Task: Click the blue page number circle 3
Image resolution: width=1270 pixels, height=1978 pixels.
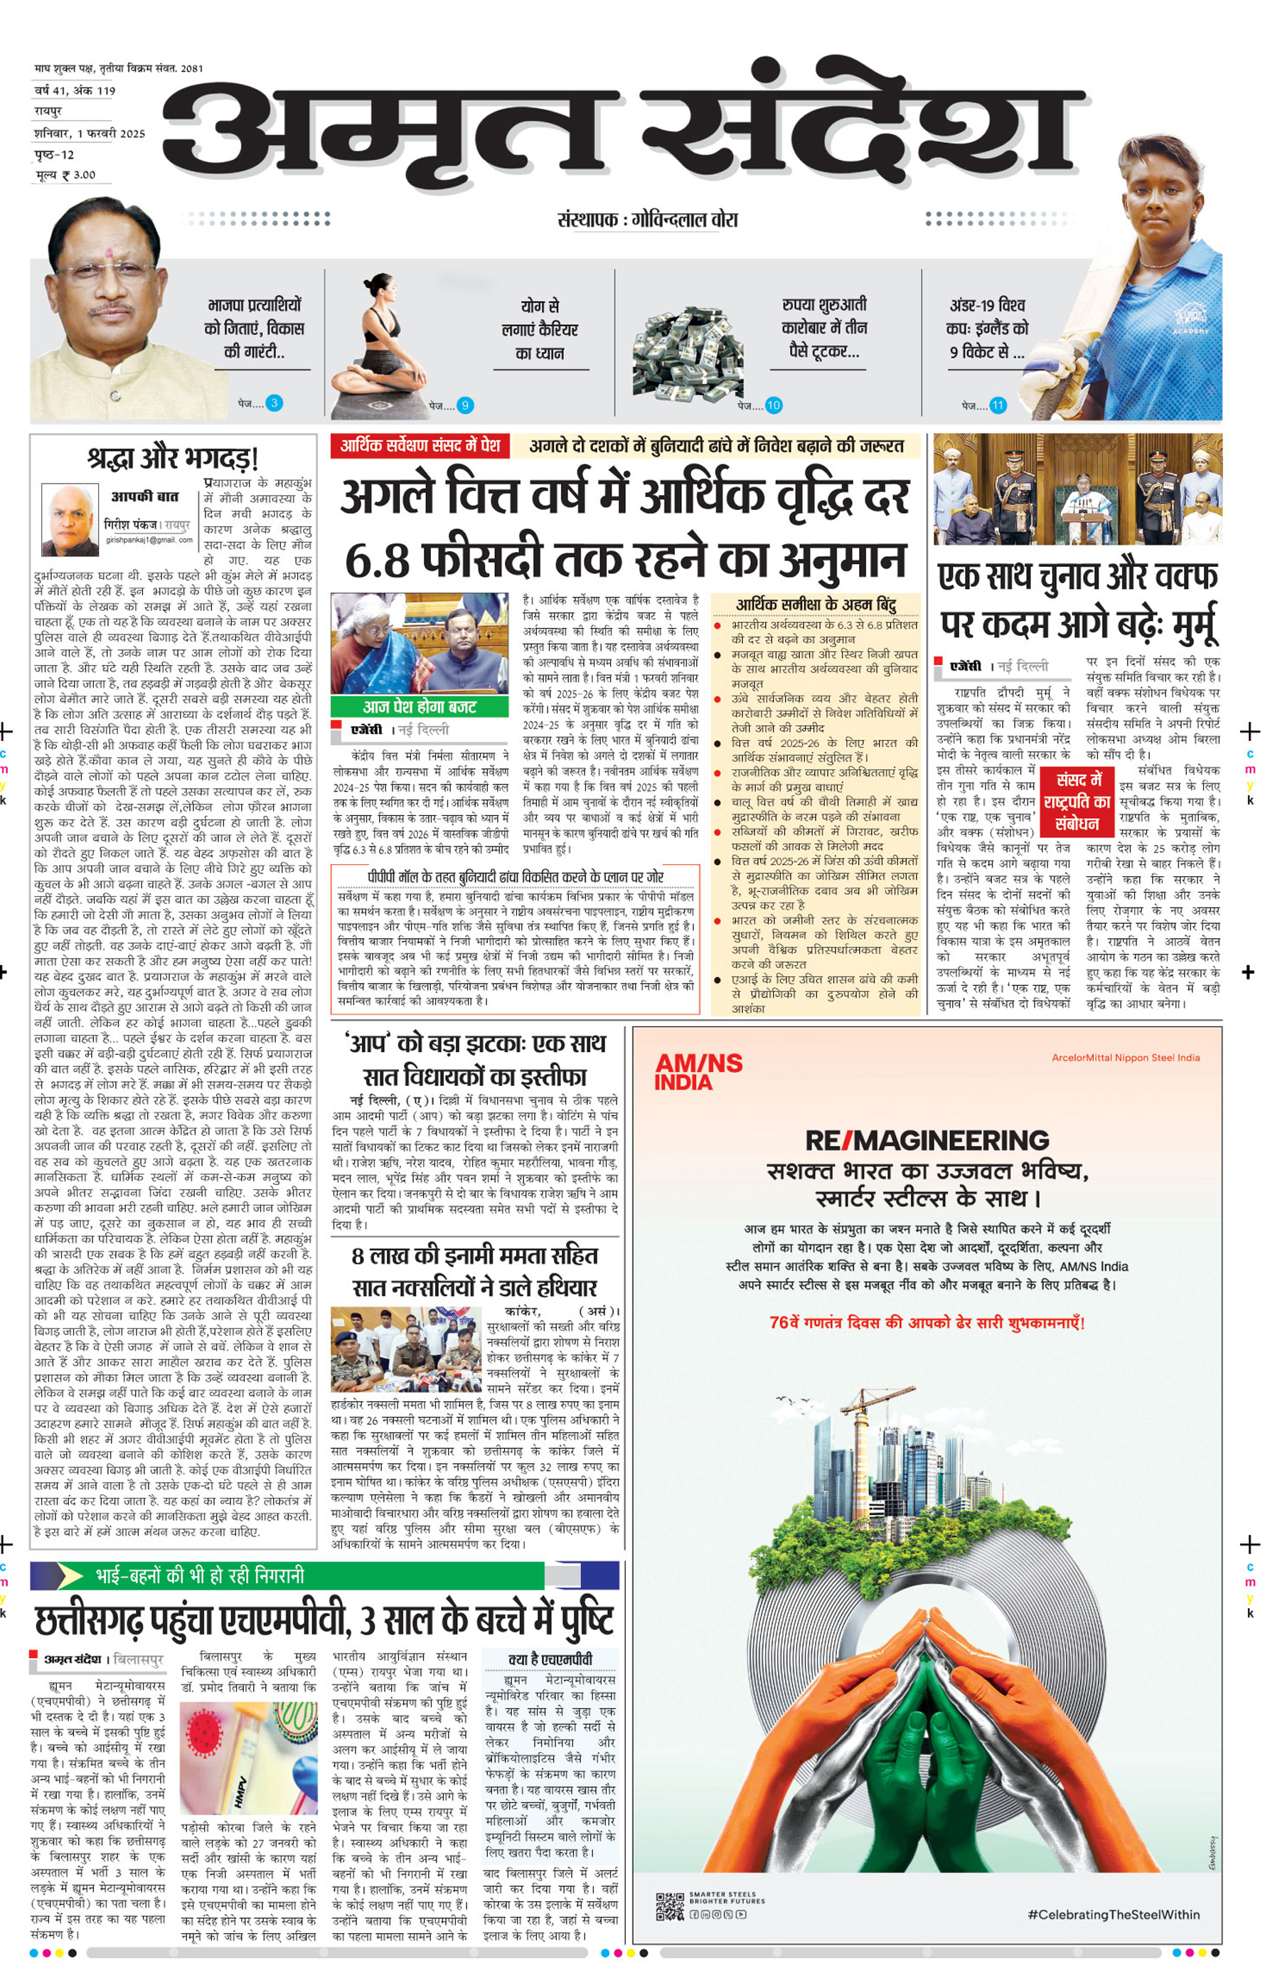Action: pyautogui.click(x=274, y=403)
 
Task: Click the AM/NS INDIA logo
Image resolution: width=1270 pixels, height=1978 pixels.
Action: pyautogui.click(x=698, y=1071)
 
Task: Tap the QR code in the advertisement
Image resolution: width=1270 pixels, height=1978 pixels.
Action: pyautogui.click(x=670, y=1907)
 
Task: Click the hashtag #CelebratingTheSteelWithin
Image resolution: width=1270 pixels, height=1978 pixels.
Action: pyautogui.click(x=1114, y=1914)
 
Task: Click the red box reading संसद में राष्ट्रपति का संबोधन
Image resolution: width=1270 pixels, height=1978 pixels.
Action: pyautogui.click(x=1076, y=801)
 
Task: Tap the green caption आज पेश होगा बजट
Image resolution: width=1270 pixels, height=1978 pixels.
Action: pyautogui.click(x=419, y=707)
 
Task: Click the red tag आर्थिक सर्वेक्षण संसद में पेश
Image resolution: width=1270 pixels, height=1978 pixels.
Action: pyautogui.click(x=420, y=445)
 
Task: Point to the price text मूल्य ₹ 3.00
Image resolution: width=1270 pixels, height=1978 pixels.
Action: pyautogui.click(x=65, y=175)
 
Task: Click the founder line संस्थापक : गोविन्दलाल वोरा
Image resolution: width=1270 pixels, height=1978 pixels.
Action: pyautogui.click(x=647, y=219)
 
